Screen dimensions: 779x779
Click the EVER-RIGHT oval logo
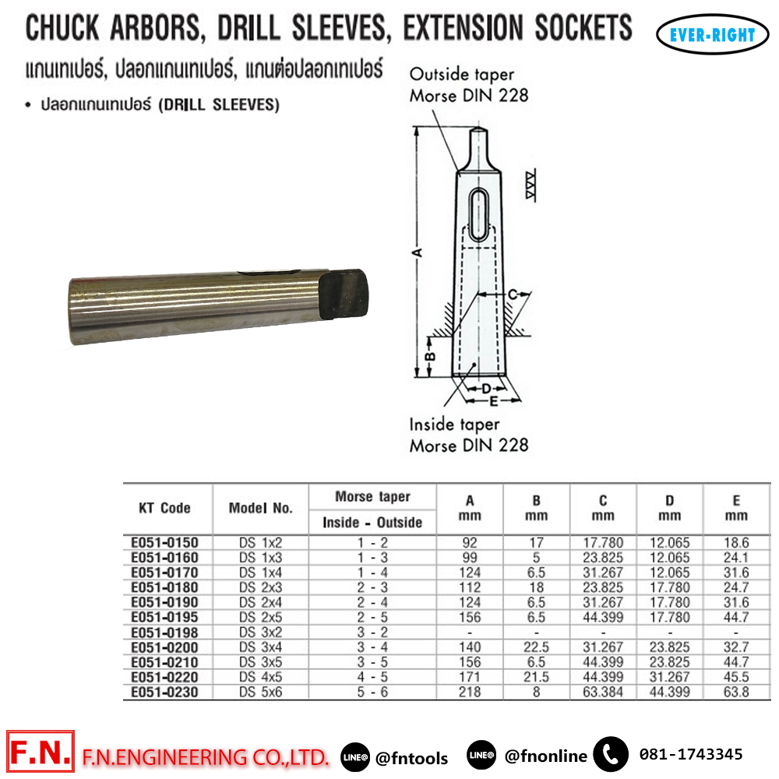point(712,34)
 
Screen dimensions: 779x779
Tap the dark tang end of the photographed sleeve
point(344,294)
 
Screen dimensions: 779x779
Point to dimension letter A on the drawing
point(418,252)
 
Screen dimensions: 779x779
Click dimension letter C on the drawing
point(513,294)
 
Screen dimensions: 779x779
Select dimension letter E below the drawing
point(493,401)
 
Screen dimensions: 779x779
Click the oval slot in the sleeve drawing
point(478,214)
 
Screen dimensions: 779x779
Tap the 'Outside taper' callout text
point(461,75)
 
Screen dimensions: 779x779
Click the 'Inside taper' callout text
point(454,425)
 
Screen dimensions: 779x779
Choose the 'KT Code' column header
point(164,508)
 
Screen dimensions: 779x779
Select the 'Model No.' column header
point(260,508)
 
